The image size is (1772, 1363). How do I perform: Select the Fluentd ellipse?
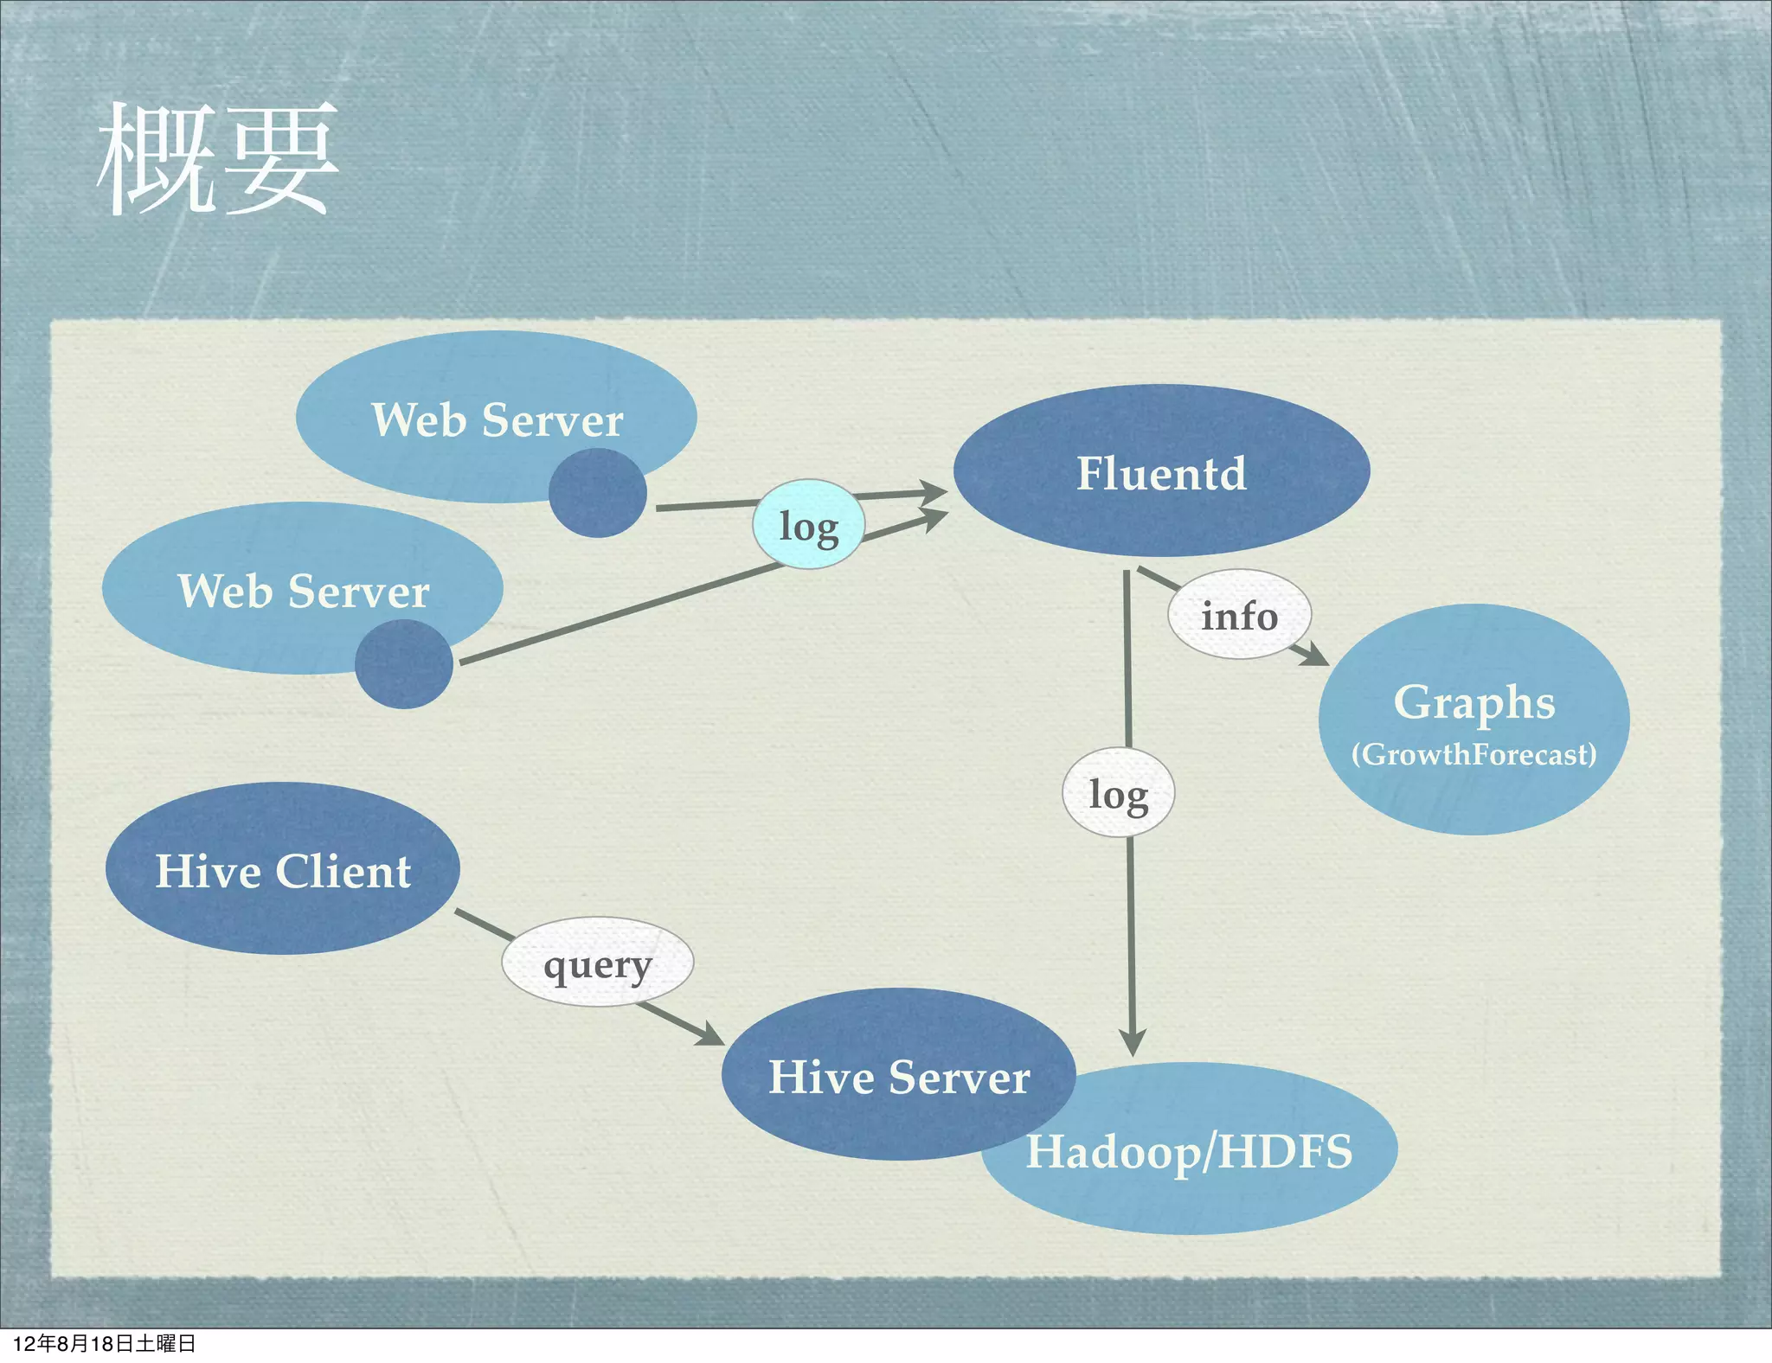click(1161, 471)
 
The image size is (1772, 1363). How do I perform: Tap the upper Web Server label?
click(497, 419)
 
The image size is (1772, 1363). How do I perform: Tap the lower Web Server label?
click(303, 591)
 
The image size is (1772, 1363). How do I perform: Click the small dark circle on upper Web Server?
click(597, 493)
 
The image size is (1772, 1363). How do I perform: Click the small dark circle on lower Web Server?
click(403, 664)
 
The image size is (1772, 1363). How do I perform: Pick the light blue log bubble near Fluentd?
click(808, 524)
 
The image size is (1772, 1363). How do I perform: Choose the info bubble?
click(1239, 615)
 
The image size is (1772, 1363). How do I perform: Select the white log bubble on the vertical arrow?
click(1118, 793)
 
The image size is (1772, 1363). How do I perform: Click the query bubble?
click(597, 962)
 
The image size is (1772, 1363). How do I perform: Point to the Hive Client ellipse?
click(282, 869)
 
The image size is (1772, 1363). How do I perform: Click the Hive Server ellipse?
click(898, 1075)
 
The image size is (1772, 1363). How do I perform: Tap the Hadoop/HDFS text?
click(1189, 1151)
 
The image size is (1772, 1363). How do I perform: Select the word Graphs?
click(1473, 701)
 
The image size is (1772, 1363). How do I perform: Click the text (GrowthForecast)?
click(1473, 754)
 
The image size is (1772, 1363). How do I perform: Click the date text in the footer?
click(104, 1343)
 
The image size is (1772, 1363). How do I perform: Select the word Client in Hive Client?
click(343, 870)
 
